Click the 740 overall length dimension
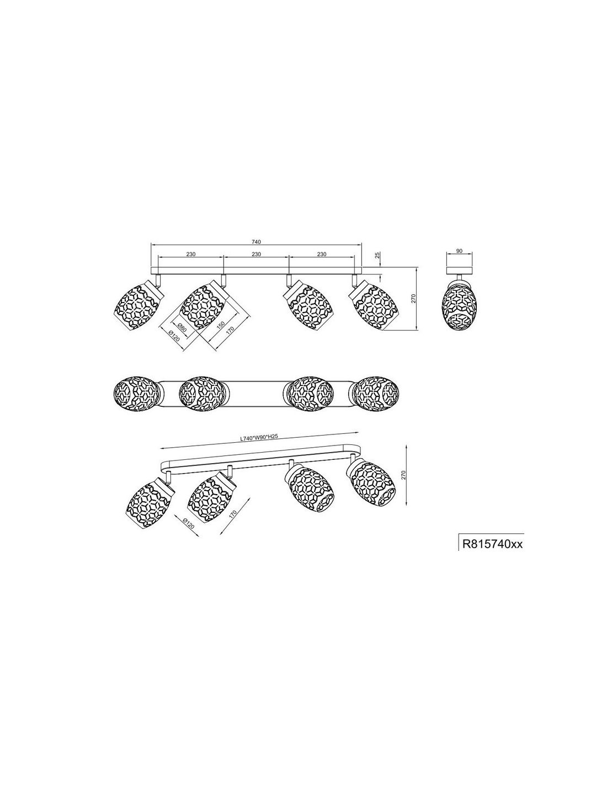click(x=256, y=241)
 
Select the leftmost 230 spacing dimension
click(x=191, y=254)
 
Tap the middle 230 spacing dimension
click(x=256, y=254)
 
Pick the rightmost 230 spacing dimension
click(x=321, y=254)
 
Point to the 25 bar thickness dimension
click(x=377, y=255)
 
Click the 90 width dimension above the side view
click(x=459, y=251)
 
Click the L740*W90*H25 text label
click(x=259, y=438)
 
